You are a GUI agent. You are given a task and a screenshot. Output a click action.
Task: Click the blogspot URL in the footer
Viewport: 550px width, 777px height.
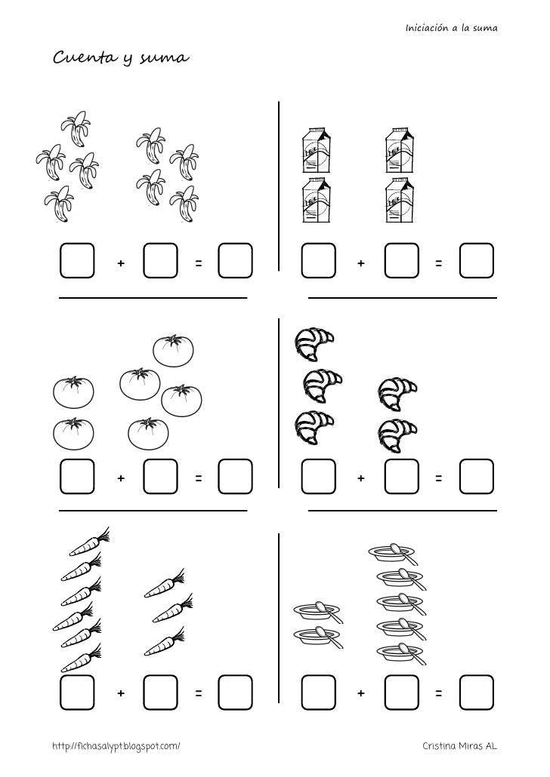pyautogui.click(x=116, y=746)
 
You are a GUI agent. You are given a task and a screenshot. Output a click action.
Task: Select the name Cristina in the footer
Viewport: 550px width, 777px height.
pyautogui.click(x=438, y=745)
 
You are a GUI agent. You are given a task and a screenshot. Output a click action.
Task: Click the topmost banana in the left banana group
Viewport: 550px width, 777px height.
pyautogui.click(x=76, y=127)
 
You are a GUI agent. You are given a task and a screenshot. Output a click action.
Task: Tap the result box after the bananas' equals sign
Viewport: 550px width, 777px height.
pyautogui.click(x=235, y=260)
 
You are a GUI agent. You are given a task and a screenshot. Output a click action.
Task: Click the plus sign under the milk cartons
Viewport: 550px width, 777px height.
pyautogui.click(x=361, y=263)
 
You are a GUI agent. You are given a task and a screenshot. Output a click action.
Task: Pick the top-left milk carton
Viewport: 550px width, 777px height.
pyautogui.click(x=317, y=151)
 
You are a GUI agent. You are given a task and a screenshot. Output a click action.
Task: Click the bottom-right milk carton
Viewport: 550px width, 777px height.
pyautogui.click(x=400, y=200)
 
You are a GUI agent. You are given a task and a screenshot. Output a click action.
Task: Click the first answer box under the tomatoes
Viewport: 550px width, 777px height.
pyautogui.click(x=77, y=477)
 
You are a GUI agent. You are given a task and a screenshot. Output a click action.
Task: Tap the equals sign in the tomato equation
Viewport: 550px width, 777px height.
pyautogui.click(x=199, y=478)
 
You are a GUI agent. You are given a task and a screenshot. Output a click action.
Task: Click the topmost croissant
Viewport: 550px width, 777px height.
pyautogui.click(x=314, y=343)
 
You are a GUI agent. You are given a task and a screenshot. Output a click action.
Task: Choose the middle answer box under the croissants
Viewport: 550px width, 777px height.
pyautogui.click(x=402, y=477)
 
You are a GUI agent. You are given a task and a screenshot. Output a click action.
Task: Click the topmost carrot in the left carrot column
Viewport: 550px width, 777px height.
pyautogui.click(x=89, y=542)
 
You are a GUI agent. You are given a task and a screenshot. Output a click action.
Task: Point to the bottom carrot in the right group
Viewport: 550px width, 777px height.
pyautogui.click(x=165, y=642)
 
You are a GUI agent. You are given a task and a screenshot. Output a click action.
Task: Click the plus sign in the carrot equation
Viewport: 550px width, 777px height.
pyautogui.click(x=121, y=693)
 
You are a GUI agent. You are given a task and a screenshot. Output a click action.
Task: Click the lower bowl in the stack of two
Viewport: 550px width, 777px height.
pyautogui.click(x=319, y=637)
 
